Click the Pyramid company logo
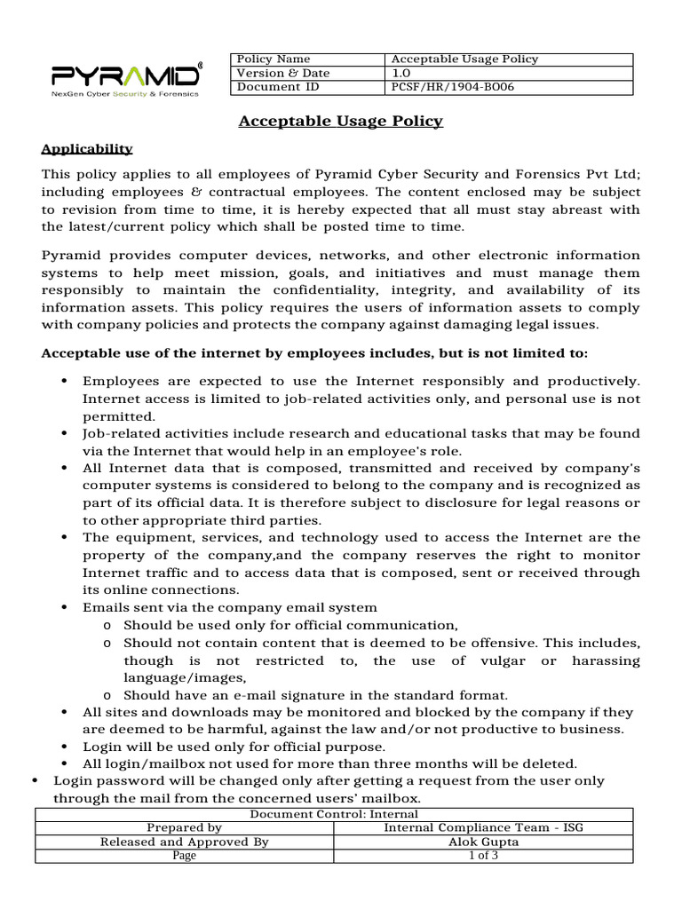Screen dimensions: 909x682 point(124,71)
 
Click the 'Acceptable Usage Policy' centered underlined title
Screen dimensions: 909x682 point(340,121)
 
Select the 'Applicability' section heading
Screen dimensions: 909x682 point(87,148)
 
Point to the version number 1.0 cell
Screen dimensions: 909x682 point(400,73)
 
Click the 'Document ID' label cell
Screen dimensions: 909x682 point(277,87)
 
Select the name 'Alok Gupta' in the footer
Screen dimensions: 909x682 point(484,842)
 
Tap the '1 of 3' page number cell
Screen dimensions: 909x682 point(484,855)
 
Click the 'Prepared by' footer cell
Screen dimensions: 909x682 point(184,827)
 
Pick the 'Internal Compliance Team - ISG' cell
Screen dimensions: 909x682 point(484,827)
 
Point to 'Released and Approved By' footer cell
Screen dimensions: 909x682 point(184,842)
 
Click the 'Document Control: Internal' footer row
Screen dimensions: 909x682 point(334,814)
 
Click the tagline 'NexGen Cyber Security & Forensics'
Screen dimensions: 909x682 point(125,91)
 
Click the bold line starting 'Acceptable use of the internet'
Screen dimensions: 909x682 point(314,353)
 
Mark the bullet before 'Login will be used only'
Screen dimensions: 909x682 point(66,747)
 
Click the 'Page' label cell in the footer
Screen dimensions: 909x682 point(184,855)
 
